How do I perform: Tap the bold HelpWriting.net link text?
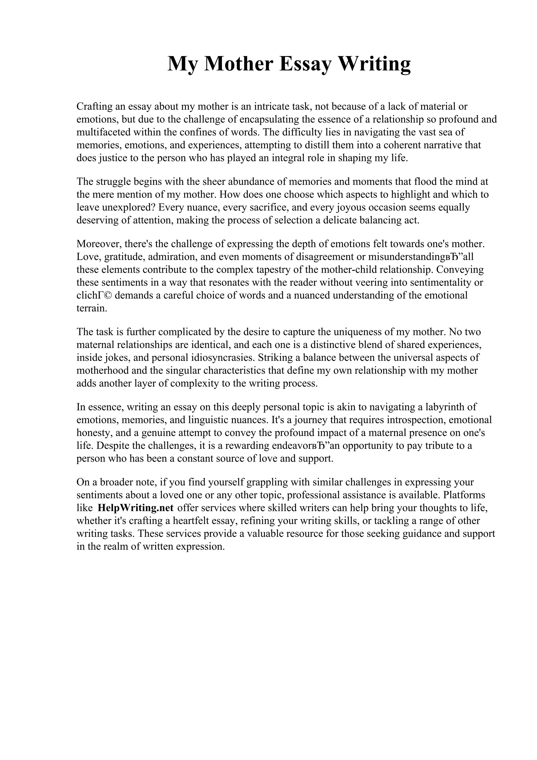(136, 508)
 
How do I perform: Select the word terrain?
(92, 308)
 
